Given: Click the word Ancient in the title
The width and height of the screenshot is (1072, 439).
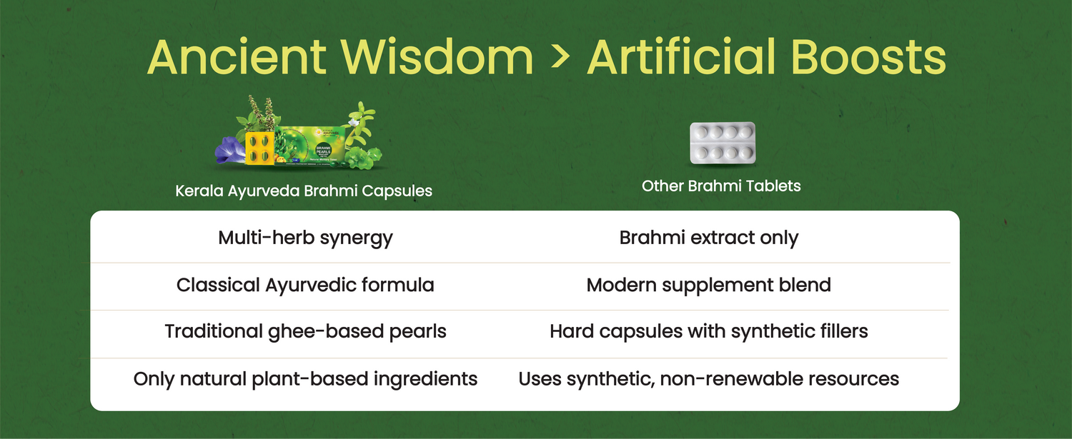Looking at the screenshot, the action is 237,57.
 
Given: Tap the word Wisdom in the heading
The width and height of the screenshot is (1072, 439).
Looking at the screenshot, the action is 437,57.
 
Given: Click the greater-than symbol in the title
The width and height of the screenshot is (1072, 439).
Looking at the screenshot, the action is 560,57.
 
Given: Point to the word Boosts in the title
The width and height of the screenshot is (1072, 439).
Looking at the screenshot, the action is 868,57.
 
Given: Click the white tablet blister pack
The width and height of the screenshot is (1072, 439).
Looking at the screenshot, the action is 722,143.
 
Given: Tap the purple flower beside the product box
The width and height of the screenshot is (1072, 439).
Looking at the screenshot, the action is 230,151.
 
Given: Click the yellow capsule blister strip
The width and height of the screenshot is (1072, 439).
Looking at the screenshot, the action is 259,148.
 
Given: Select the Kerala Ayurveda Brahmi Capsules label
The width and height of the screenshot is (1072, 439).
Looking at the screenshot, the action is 304,191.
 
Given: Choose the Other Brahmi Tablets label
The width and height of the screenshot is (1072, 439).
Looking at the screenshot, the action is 721,186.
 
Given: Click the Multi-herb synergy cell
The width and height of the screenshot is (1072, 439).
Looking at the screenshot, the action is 305,238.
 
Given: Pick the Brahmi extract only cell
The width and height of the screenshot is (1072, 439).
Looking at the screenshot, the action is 709,238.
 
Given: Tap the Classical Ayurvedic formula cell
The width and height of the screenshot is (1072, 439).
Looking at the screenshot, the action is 305,285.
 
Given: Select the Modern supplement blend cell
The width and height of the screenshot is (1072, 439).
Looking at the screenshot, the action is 709,285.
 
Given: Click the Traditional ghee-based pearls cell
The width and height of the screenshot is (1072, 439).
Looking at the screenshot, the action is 305,331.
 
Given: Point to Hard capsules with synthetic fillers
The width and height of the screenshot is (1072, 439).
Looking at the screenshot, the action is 709,331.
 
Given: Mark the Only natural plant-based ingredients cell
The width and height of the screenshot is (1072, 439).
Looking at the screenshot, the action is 305,379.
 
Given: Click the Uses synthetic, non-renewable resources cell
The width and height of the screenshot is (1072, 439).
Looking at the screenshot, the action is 709,379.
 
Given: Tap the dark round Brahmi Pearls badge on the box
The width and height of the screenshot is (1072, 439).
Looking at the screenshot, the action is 324,150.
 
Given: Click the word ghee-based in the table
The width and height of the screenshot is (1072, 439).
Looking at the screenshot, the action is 326,332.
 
